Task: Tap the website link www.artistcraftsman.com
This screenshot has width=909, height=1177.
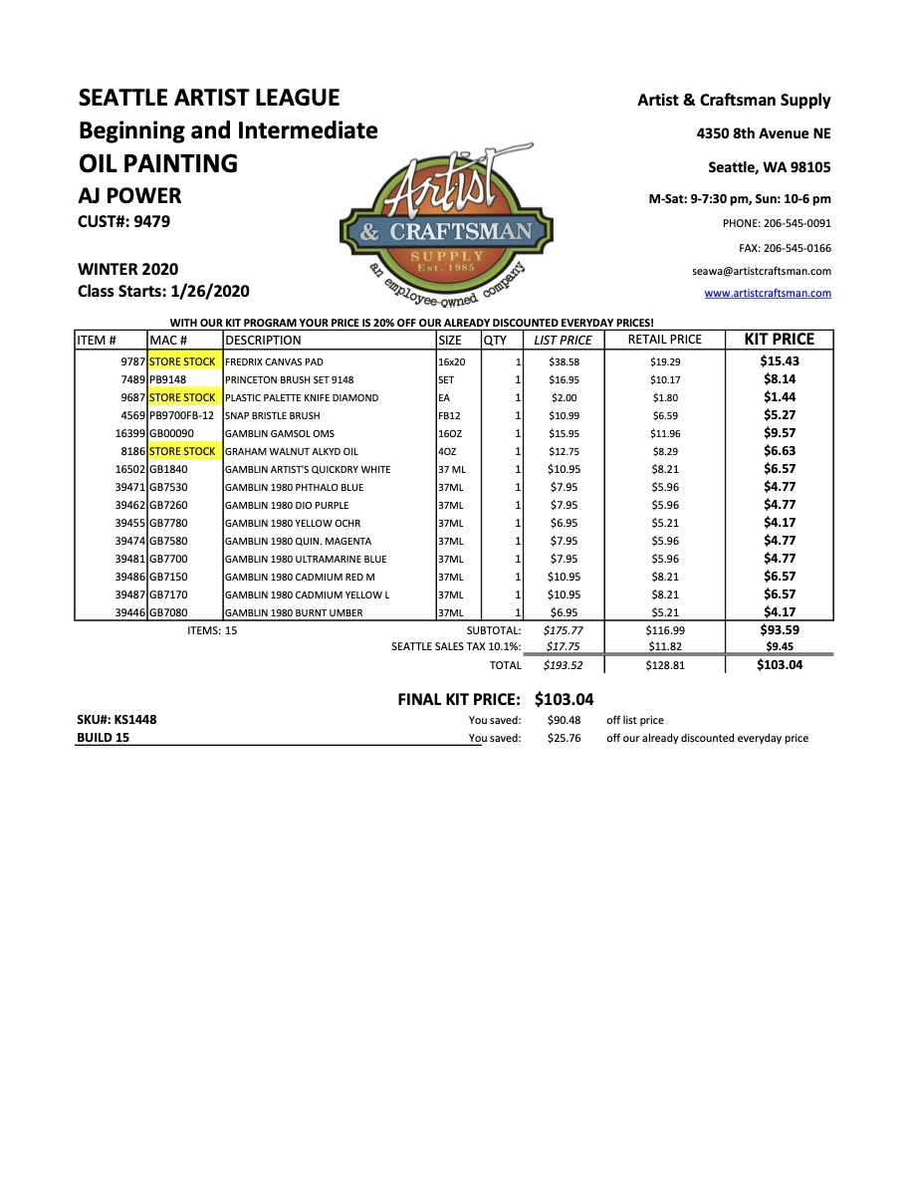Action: point(767,293)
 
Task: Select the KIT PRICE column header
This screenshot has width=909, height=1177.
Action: point(780,340)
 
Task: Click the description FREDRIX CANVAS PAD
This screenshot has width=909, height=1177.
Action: point(274,362)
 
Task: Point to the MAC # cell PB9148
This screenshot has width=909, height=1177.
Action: point(168,380)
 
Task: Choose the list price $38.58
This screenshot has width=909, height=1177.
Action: point(564,362)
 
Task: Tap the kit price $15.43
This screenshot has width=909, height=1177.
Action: point(780,361)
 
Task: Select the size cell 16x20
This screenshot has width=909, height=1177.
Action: point(452,362)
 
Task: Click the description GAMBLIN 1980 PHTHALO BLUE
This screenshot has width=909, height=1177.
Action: point(294,488)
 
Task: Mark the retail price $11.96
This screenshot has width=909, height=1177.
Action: point(665,434)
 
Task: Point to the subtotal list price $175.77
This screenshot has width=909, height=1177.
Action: point(563,630)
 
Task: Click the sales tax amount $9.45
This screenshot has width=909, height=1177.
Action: point(780,647)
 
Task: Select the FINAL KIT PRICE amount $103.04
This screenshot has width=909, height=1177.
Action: point(564,700)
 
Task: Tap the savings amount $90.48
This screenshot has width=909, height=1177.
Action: point(564,720)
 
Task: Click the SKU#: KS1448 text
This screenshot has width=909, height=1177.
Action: point(116,719)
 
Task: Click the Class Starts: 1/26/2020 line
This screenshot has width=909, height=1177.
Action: point(163,292)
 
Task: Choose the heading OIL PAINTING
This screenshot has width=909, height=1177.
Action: point(157,163)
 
